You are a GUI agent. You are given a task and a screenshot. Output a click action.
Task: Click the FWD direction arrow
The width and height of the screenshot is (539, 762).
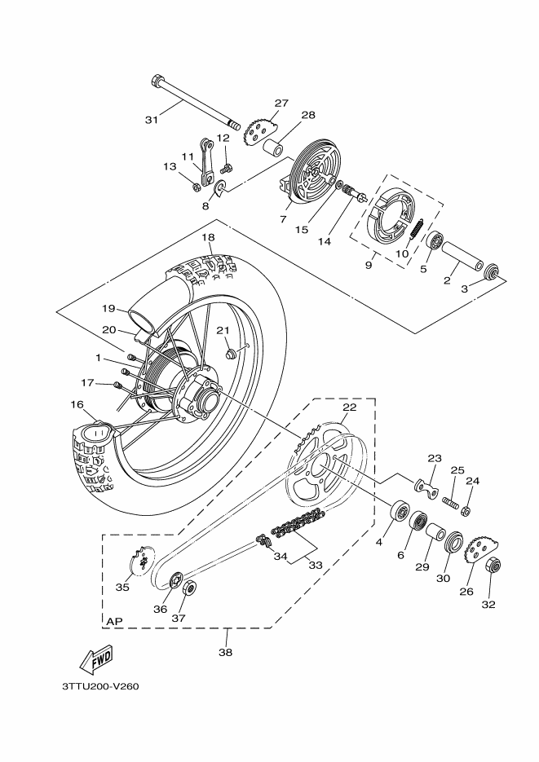(x=95, y=659)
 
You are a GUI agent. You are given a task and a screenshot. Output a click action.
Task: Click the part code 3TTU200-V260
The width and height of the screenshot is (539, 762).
(x=100, y=685)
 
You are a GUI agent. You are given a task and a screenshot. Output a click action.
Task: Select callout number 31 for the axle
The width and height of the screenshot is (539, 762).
(x=151, y=121)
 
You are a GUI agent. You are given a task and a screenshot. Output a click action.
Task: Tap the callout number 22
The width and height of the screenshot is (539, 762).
(x=349, y=407)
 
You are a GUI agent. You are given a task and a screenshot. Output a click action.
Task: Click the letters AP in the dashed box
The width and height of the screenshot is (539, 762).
(x=115, y=622)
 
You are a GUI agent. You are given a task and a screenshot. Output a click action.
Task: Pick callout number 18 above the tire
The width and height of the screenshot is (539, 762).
(x=208, y=237)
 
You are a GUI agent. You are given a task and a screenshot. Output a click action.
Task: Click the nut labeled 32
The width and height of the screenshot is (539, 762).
(x=491, y=566)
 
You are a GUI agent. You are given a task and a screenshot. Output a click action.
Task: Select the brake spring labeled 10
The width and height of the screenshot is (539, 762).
(x=414, y=227)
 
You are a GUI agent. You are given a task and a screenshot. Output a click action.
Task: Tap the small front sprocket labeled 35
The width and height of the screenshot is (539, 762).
(x=142, y=561)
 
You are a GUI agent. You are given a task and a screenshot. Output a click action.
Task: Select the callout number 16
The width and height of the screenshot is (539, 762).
(x=77, y=404)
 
